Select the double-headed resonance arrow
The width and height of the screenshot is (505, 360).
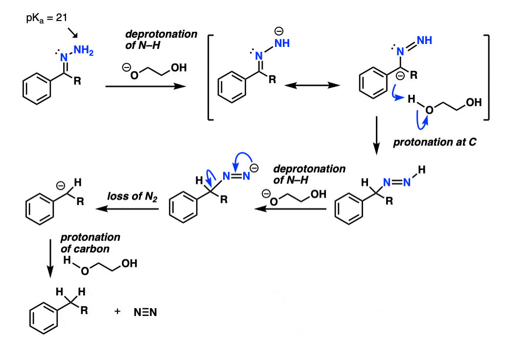click(312, 85)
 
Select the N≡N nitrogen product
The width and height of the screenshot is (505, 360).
click(145, 311)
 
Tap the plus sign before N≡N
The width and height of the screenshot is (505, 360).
click(117, 311)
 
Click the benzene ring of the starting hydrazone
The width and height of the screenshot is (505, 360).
click(37, 89)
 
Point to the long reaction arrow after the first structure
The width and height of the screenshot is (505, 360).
click(145, 86)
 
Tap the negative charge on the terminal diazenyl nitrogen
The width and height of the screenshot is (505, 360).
click(254, 169)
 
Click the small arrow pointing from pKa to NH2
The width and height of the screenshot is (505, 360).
click(72, 33)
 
